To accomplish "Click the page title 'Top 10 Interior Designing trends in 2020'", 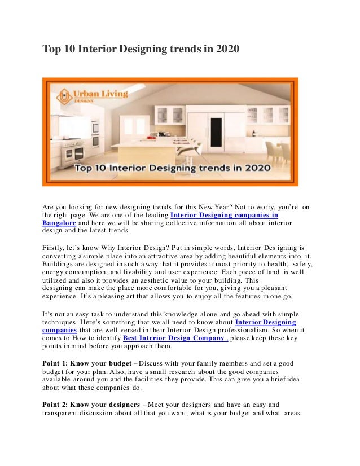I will (x=142, y=50).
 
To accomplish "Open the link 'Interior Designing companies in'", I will (x=224, y=215).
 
